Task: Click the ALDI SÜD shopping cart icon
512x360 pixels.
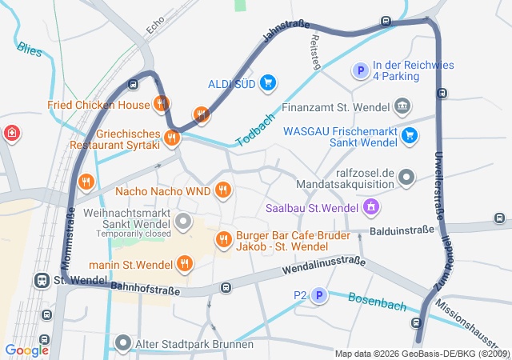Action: [268, 82]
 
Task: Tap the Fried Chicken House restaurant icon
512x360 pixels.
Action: [162, 103]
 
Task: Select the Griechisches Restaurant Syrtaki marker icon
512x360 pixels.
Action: [171, 138]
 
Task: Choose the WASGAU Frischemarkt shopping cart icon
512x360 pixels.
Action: [410, 135]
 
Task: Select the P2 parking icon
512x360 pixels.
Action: [319, 296]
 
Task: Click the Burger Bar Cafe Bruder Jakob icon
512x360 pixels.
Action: [224, 238]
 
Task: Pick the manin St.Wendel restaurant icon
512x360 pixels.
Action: [185, 263]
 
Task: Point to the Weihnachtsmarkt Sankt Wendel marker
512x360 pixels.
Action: [184, 221]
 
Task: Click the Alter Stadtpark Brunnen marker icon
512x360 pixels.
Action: [123, 344]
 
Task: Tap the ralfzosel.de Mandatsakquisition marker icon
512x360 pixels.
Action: [406, 177]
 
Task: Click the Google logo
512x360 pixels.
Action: [27, 350]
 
